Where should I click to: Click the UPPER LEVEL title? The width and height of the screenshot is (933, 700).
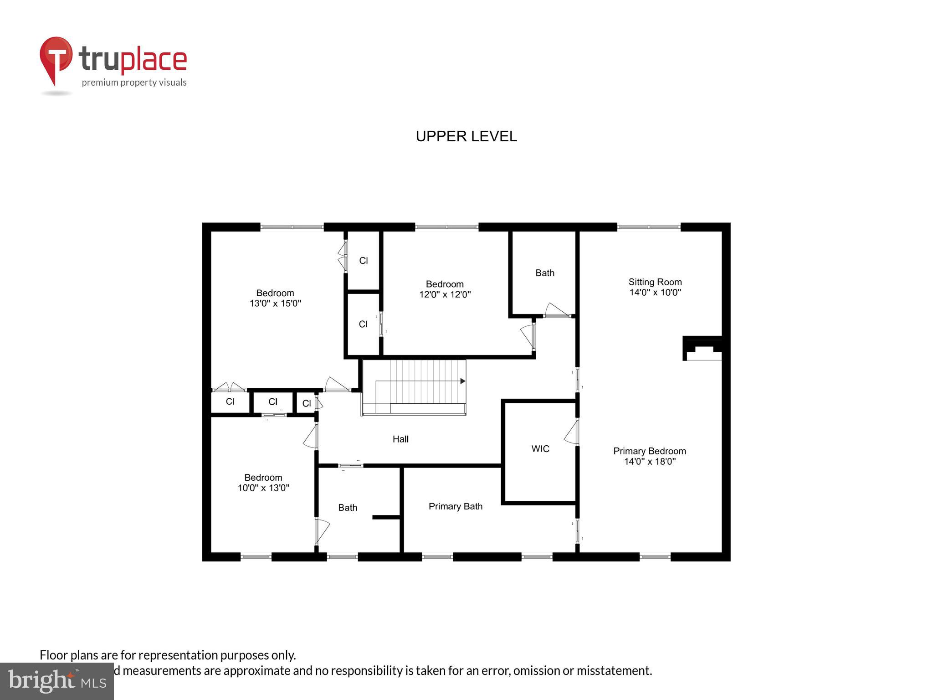[466, 136]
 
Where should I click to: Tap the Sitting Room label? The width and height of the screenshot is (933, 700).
[655, 282]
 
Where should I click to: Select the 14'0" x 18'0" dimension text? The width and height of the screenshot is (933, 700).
[649, 462]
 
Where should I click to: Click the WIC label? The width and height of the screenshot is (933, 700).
[540, 449]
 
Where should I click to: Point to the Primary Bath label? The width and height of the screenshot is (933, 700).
[455, 506]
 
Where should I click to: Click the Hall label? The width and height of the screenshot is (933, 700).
[400, 439]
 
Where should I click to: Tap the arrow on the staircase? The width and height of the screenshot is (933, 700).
[462, 381]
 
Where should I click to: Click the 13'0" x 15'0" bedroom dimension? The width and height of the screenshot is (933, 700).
[275, 304]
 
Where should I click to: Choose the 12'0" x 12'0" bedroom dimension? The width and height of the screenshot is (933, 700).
[445, 295]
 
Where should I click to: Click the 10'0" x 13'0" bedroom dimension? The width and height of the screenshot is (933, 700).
[263, 488]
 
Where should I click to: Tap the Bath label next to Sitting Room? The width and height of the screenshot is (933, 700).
[545, 273]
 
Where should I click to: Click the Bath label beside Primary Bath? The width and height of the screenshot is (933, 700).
[348, 508]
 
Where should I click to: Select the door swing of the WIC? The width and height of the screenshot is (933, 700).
[570, 432]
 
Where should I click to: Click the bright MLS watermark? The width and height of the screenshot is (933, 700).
[56, 681]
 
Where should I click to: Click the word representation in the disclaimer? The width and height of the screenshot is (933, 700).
[178, 655]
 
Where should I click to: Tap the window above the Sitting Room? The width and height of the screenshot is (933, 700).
[649, 226]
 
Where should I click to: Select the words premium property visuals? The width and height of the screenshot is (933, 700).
[134, 82]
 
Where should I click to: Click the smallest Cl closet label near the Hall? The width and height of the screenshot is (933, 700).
[307, 403]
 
